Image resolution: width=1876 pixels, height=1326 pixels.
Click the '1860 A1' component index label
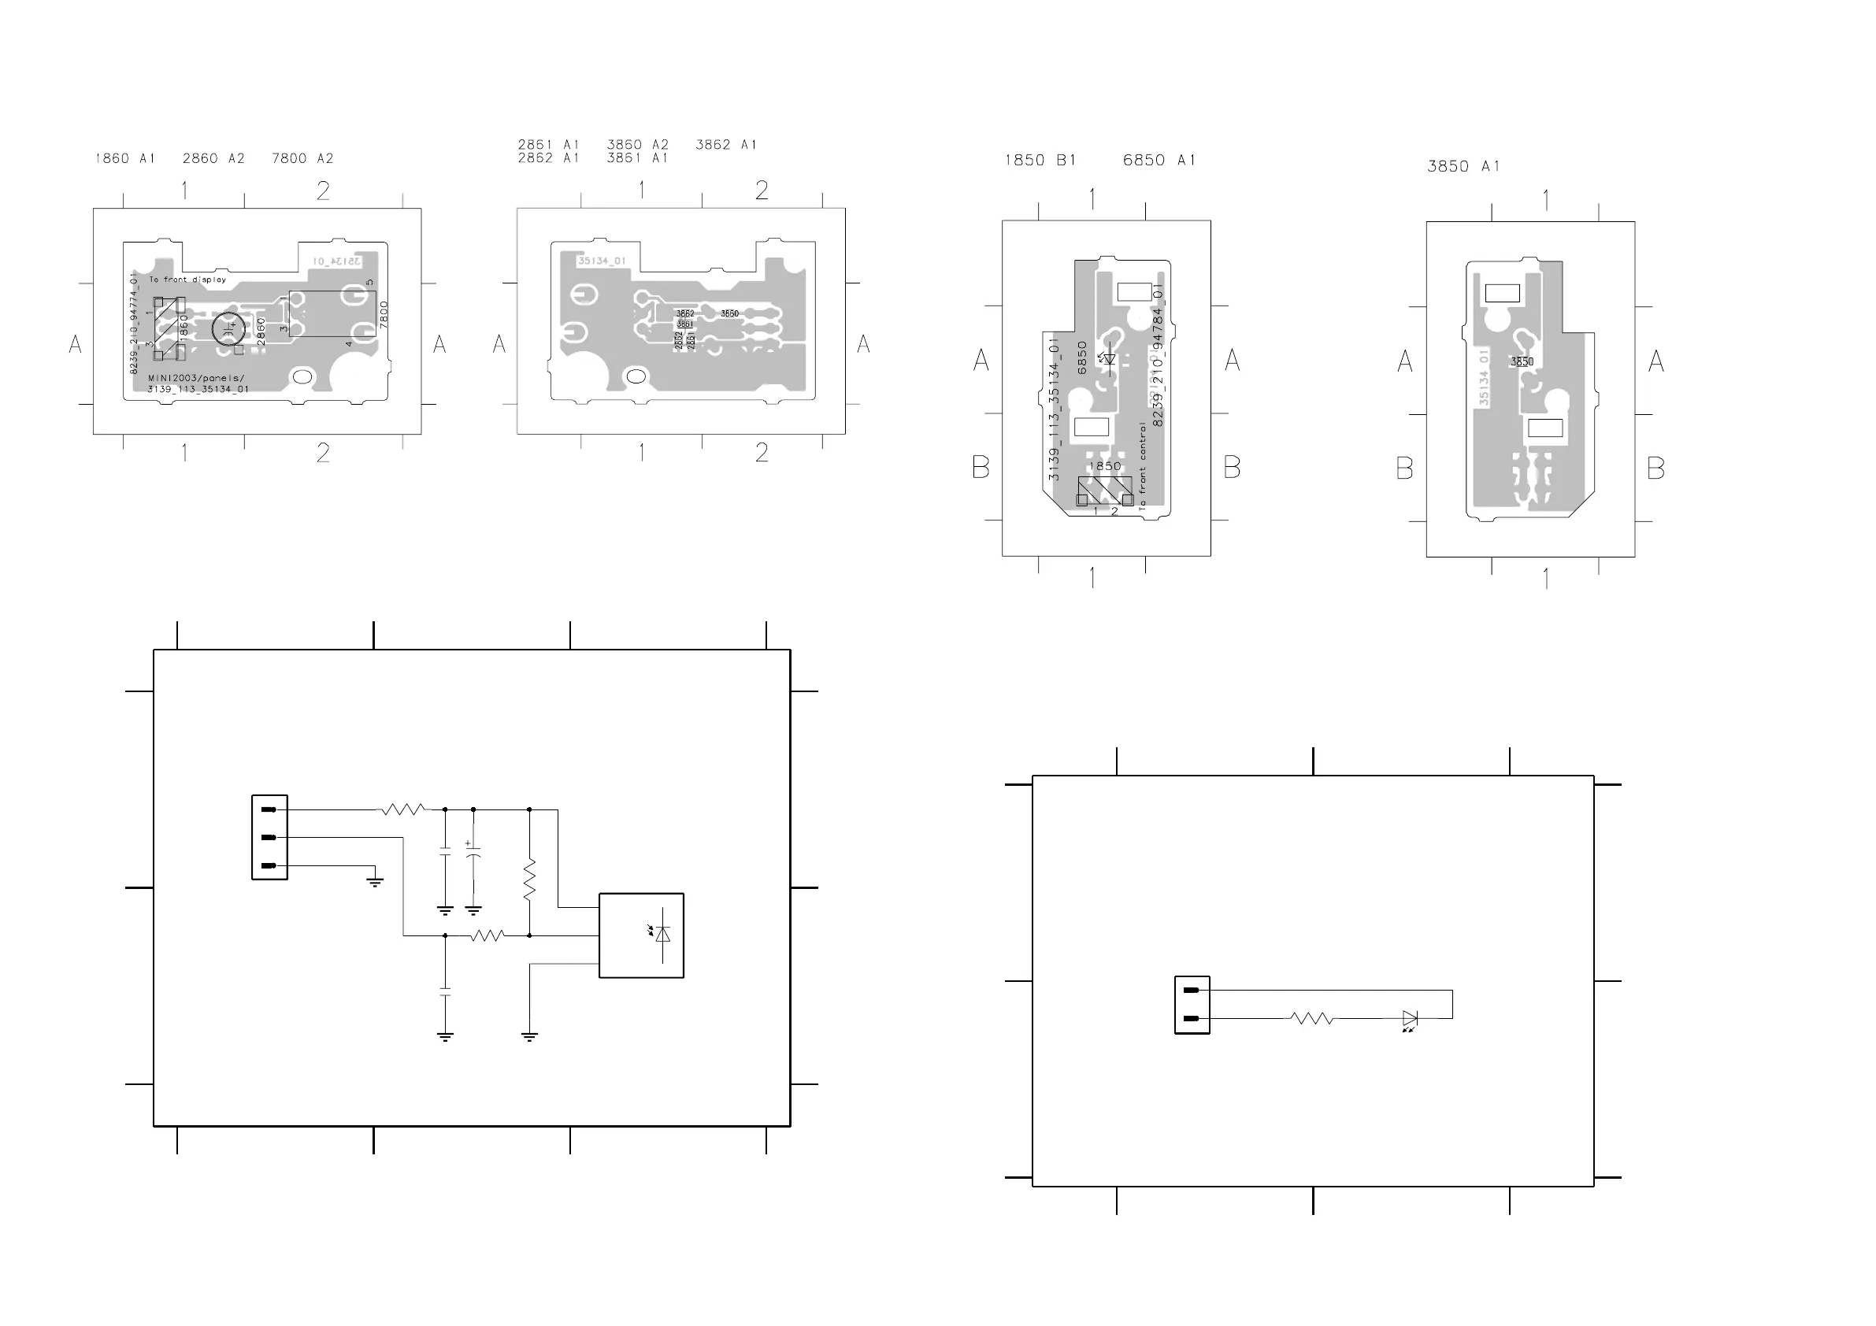[125, 158]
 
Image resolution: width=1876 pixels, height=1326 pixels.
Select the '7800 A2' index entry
[302, 158]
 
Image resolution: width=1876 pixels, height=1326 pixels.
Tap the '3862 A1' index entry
[725, 145]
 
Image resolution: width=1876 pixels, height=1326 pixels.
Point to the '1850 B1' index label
[1040, 160]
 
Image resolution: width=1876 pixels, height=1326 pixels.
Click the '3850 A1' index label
[1463, 167]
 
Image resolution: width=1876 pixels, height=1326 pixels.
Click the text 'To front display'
[187, 280]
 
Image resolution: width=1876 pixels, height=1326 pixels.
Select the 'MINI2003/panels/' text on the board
[196, 378]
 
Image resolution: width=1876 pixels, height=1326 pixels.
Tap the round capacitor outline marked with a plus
[228, 328]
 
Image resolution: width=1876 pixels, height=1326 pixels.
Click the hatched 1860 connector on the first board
[169, 328]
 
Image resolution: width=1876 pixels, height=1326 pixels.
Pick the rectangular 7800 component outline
[332, 313]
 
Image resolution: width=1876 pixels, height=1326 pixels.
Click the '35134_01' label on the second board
[602, 261]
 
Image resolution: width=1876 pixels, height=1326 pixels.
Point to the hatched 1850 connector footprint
[1105, 491]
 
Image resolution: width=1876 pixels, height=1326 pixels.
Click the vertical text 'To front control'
[1142, 466]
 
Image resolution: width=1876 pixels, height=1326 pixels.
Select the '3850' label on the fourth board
[1522, 362]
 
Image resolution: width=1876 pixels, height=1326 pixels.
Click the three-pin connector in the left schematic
[269, 838]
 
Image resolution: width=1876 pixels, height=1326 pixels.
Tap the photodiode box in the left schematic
[641, 935]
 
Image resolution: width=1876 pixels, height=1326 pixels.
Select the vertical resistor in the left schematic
[529, 879]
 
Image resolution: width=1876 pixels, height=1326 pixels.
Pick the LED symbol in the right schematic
[1410, 1019]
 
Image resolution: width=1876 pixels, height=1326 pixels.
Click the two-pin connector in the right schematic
[1192, 1005]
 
